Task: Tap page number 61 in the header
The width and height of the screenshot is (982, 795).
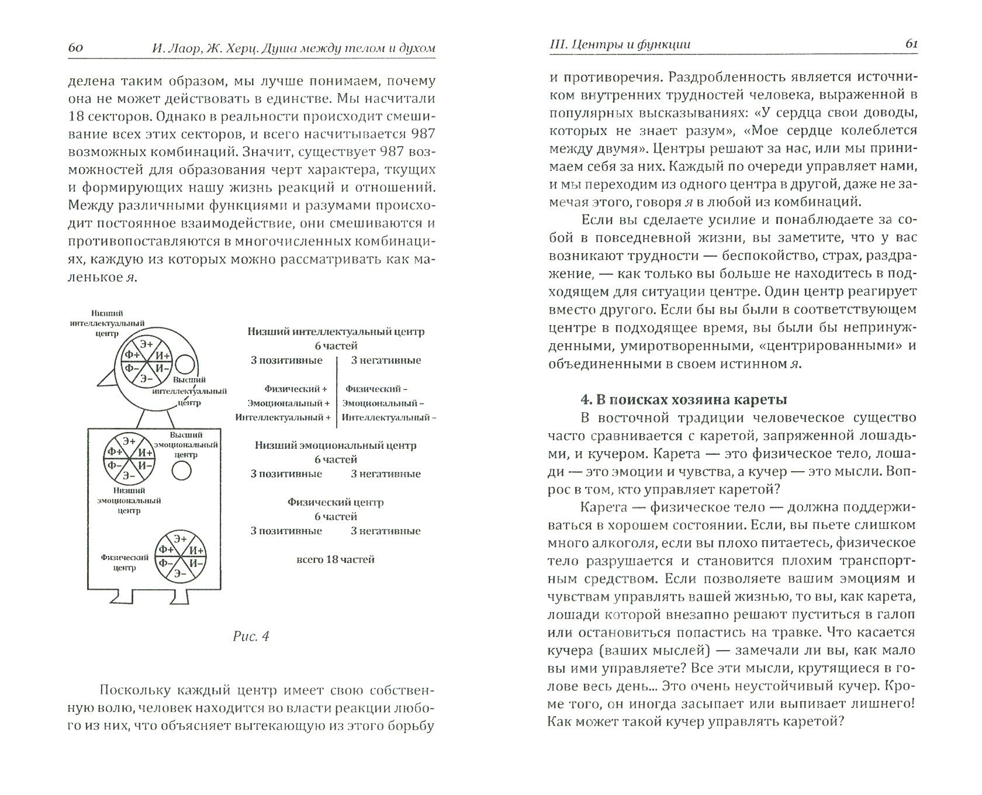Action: pyautogui.click(x=905, y=44)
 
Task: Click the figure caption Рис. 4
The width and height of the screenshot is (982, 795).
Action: pyautogui.click(x=250, y=637)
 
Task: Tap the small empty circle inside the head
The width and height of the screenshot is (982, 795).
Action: pyautogui.click(x=185, y=365)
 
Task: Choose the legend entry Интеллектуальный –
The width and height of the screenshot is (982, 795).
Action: pyautogui.click(x=388, y=417)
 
